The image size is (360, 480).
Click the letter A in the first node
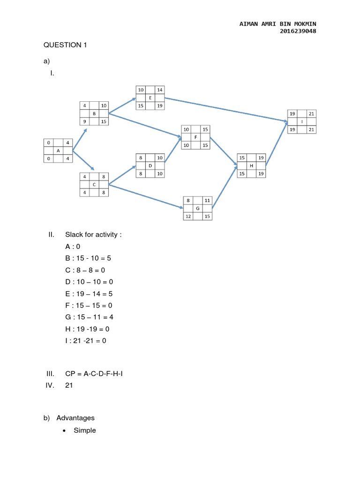(58, 150)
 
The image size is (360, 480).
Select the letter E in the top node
(150, 97)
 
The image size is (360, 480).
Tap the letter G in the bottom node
(198, 208)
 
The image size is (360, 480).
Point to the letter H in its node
(252, 165)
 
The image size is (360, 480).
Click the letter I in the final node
(302, 121)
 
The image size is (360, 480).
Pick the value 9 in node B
(85, 121)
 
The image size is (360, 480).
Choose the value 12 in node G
(188, 216)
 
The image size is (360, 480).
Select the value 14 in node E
(160, 89)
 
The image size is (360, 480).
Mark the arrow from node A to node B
(80, 140)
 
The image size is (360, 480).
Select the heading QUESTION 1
(65, 45)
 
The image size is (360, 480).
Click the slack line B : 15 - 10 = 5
(89, 258)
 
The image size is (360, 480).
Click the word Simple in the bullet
(85, 430)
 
